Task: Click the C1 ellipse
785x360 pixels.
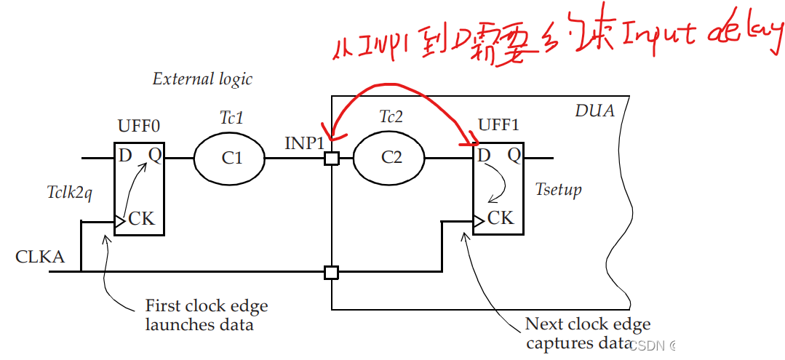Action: [x=231, y=157]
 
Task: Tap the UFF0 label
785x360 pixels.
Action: [x=138, y=126]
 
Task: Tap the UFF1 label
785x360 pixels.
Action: [x=498, y=124]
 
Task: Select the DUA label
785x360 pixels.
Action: [x=594, y=111]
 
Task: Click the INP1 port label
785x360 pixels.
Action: [x=304, y=143]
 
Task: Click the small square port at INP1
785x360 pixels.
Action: [x=331, y=158]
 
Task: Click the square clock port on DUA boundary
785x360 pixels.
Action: [x=331, y=273]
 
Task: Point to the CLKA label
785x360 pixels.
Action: [x=40, y=257]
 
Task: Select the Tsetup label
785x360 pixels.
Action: [x=558, y=190]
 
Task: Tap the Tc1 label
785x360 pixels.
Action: [x=231, y=117]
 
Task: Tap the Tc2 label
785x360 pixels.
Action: [x=391, y=117]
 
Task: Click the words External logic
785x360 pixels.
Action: [x=202, y=79]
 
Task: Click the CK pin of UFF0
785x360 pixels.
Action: [x=141, y=218]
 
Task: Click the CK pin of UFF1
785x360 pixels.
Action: [x=501, y=217]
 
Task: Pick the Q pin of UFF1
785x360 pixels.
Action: [x=514, y=155]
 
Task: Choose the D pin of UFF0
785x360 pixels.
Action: [x=126, y=155]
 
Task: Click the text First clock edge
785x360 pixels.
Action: [x=207, y=305]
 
